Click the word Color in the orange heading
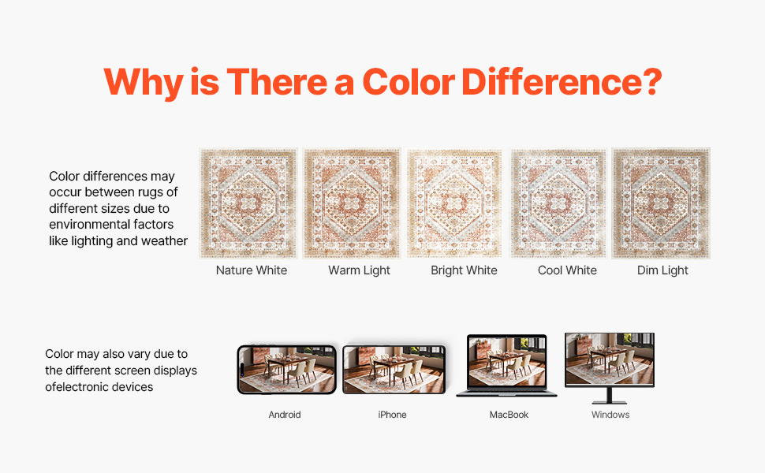pyautogui.click(x=409, y=81)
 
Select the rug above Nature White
pyautogui.click(x=248, y=203)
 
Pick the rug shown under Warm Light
pyautogui.click(x=351, y=203)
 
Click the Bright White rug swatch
pyautogui.click(x=454, y=203)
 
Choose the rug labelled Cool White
pyautogui.click(x=558, y=203)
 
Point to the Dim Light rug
pyautogui.click(x=661, y=203)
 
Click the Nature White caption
pyautogui.click(x=252, y=270)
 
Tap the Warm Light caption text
pyautogui.click(x=359, y=270)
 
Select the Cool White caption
pyautogui.click(x=567, y=270)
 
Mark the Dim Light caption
pyautogui.click(x=662, y=270)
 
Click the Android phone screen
pyautogui.click(x=287, y=370)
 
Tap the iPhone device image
pyautogui.click(x=394, y=370)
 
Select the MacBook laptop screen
pyautogui.click(x=507, y=363)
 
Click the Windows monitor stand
pyautogui.click(x=610, y=396)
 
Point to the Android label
pyautogui.click(x=285, y=415)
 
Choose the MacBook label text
pyautogui.click(x=509, y=415)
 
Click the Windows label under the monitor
pyautogui.click(x=610, y=415)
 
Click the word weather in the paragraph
pyautogui.click(x=164, y=241)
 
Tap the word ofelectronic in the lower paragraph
pyautogui.click(x=75, y=387)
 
